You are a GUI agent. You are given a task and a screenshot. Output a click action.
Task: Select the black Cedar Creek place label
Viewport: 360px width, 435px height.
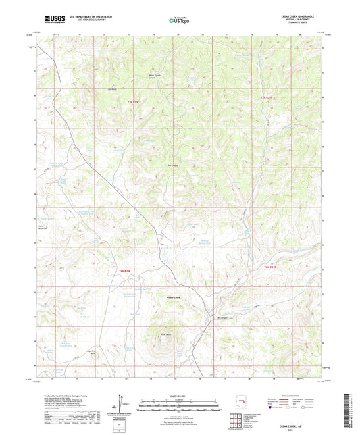pyautogui.click(x=173, y=297)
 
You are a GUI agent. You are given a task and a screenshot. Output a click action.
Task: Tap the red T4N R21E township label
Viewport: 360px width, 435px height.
pyautogui.click(x=270, y=270)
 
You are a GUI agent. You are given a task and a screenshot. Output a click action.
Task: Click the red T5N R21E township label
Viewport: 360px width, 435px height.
pyautogui.click(x=269, y=99)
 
